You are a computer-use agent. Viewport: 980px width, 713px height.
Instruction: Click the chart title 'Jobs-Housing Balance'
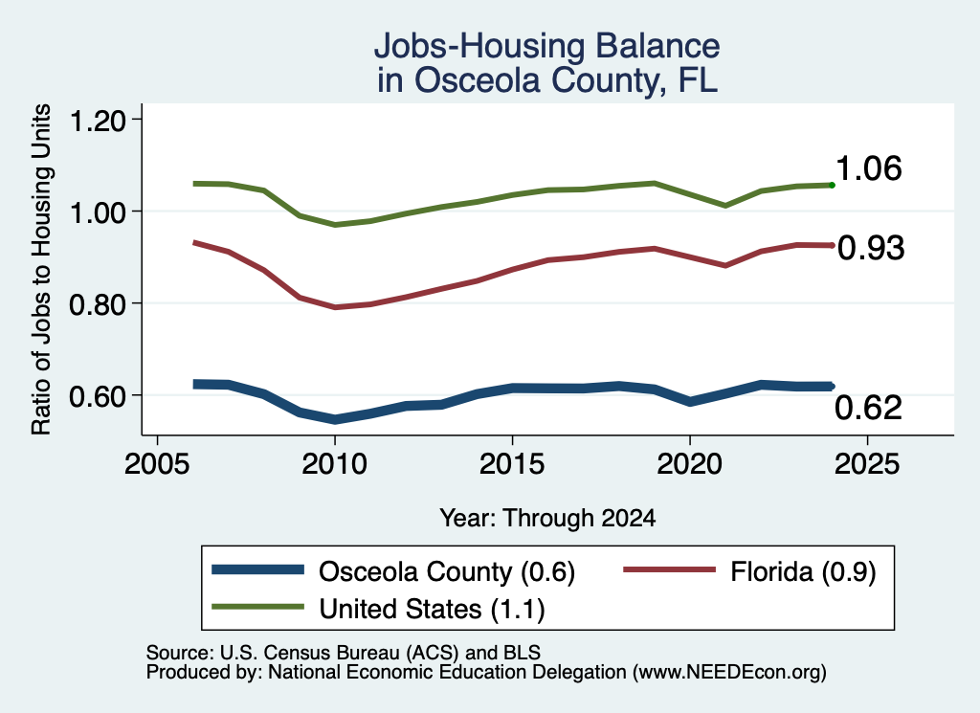[x=546, y=46]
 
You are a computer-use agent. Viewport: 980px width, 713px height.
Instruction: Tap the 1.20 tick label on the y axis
[x=98, y=121]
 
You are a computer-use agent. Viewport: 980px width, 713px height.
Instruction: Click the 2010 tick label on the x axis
[x=334, y=464]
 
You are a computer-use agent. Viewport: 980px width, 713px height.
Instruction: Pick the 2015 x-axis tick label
[x=512, y=464]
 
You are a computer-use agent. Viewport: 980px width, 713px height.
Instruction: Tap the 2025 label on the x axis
[x=867, y=464]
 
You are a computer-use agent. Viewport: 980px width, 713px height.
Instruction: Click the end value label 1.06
[x=868, y=168]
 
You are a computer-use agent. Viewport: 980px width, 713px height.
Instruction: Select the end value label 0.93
[x=871, y=248]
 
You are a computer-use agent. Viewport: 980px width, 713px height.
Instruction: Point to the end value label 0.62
[x=868, y=408]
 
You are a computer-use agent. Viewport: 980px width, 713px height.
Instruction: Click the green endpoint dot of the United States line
[x=832, y=185]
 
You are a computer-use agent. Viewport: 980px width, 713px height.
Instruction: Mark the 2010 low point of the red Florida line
[x=335, y=307]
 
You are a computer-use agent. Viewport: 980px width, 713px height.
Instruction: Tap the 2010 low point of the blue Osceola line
[x=335, y=419]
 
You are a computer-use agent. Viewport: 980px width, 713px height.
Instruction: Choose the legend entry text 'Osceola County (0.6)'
[x=447, y=571]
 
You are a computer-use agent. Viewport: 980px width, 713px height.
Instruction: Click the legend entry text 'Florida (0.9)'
[x=803, y=571]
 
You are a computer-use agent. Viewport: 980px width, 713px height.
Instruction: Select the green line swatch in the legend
[x=258, y=607]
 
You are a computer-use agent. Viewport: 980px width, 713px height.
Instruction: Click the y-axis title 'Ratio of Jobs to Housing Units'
[x=41, y=269]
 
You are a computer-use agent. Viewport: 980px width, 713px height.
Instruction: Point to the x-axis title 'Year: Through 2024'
[x=547, y=518]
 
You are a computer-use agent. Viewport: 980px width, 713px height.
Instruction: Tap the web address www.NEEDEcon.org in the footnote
[x=728, y=673]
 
